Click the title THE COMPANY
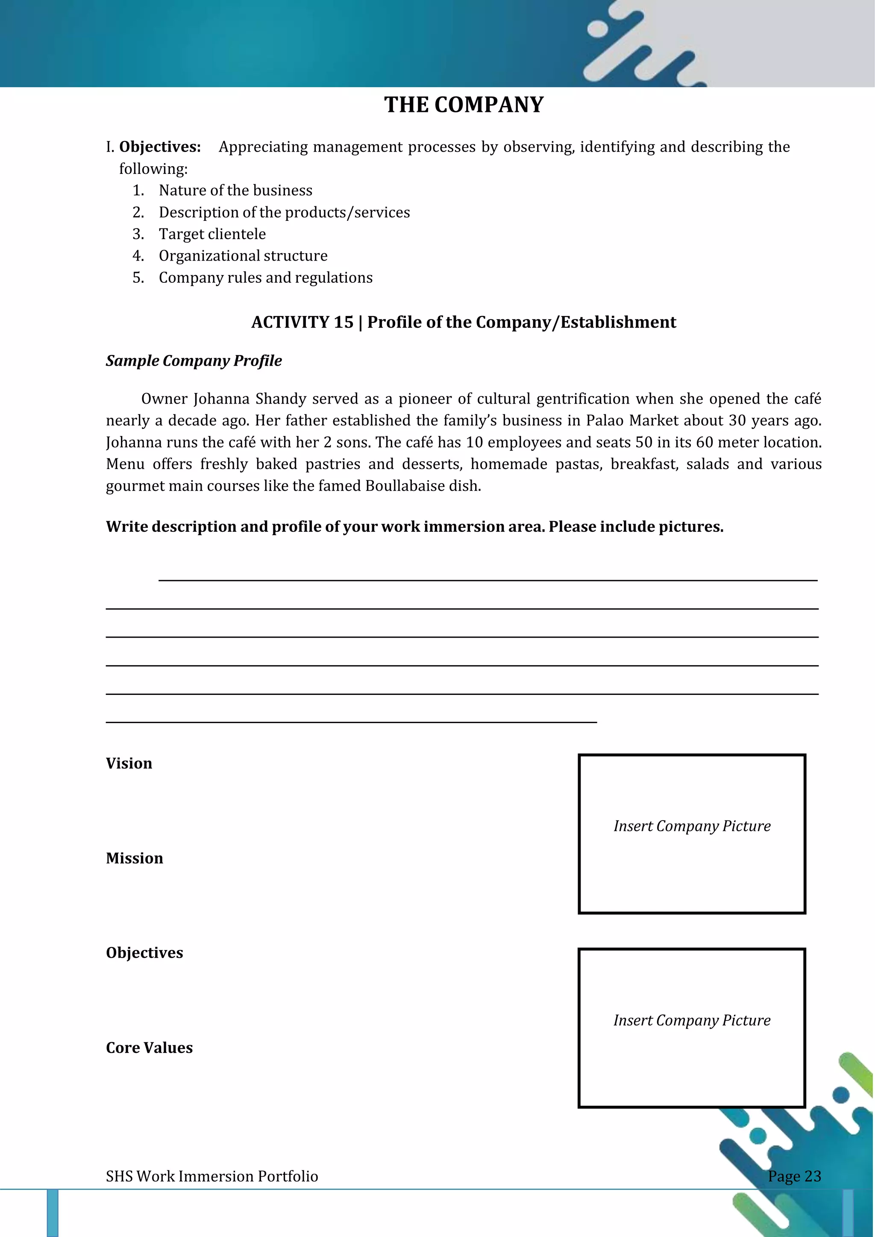464,105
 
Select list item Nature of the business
235,190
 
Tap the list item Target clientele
212,234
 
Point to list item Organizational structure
243,255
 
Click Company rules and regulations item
266,278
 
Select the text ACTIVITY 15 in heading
302,322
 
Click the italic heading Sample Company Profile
194,361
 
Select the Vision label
129,763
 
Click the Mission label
134,858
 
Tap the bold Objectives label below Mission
144,953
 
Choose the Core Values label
149,1047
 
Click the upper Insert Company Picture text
692,826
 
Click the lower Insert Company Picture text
692,1020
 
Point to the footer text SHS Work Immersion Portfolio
212,1176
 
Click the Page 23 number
794,1176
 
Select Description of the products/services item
284,212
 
